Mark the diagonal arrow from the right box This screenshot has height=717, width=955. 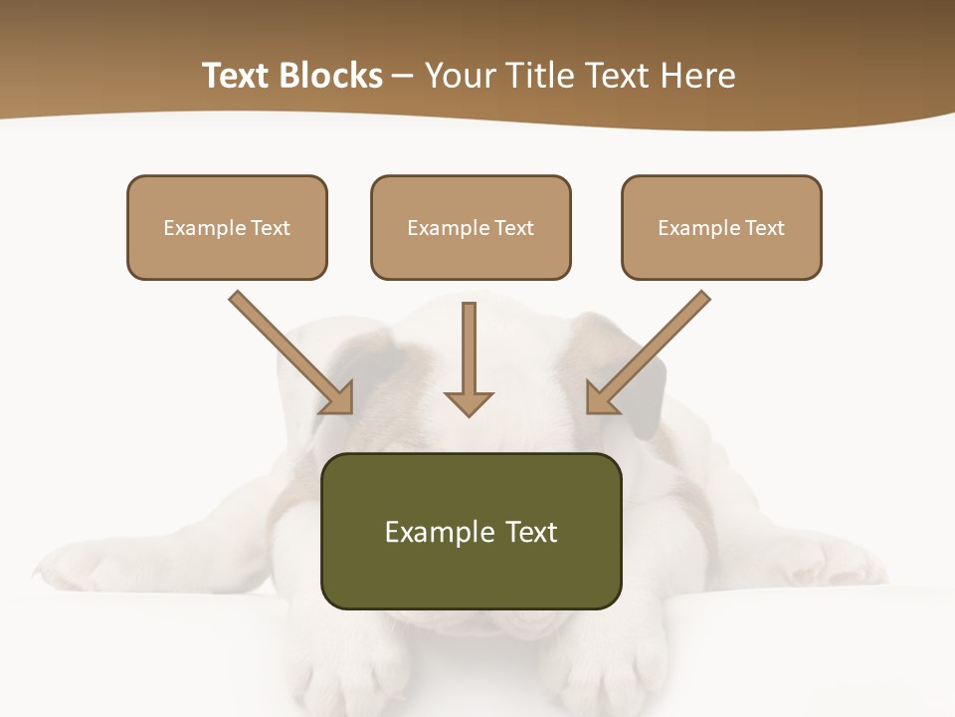tap(650, 351)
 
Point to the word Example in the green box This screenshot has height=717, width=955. tap(426, 532)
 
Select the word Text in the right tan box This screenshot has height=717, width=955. tap(765, 228)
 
